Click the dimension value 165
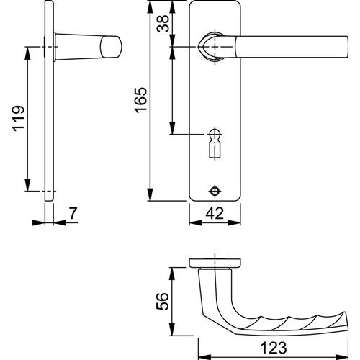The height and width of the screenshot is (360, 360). [x=141, y=100]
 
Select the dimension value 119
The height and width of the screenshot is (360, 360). [x=18, y=118]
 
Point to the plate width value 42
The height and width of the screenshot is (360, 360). [x=215, y=213]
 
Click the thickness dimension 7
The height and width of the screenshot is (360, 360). [x=73, y=213]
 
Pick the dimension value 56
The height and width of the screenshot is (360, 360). [x=163, y=302]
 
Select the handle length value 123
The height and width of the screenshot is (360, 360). [x=274, y=348]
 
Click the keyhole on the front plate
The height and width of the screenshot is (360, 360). [x=215, y=143]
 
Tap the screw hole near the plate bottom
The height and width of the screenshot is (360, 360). [x=215, y=191]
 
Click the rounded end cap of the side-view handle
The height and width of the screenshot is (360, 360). [x=111, y=47]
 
